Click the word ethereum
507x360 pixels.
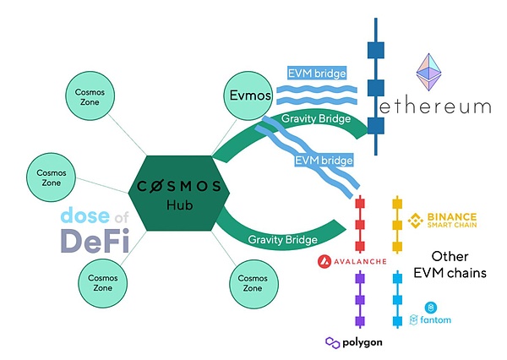434,106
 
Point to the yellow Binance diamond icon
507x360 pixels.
414,221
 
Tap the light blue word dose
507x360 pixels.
84,215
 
